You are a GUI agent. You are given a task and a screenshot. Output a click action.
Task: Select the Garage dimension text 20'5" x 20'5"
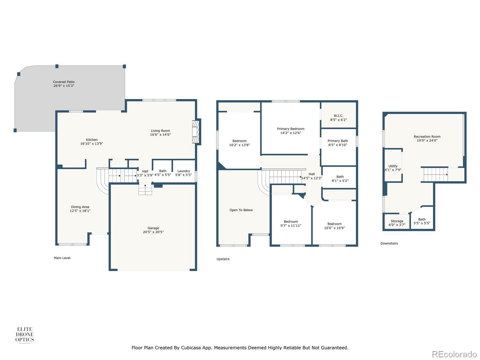point(153,232)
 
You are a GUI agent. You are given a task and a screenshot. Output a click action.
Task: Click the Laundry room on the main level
point(184,173)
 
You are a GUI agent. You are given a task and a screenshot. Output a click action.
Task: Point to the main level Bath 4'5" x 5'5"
point(163,173)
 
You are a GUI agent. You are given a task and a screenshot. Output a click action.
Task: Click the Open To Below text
point(241,210)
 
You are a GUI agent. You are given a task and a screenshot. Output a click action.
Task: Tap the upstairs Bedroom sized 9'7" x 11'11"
point(291,223)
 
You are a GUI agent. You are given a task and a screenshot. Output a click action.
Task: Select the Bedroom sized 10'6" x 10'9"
point(334,226)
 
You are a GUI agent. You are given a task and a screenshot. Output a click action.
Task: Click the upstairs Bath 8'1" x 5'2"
point(340,178)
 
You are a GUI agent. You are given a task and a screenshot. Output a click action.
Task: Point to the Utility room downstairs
point(393,168)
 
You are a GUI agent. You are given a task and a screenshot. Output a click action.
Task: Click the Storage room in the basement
point(397,223)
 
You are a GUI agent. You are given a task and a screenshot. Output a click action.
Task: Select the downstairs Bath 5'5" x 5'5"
point(422,221)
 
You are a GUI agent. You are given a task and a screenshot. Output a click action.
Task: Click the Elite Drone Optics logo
point(25,334)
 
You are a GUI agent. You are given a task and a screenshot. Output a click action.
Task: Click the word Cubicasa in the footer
point(193,348)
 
